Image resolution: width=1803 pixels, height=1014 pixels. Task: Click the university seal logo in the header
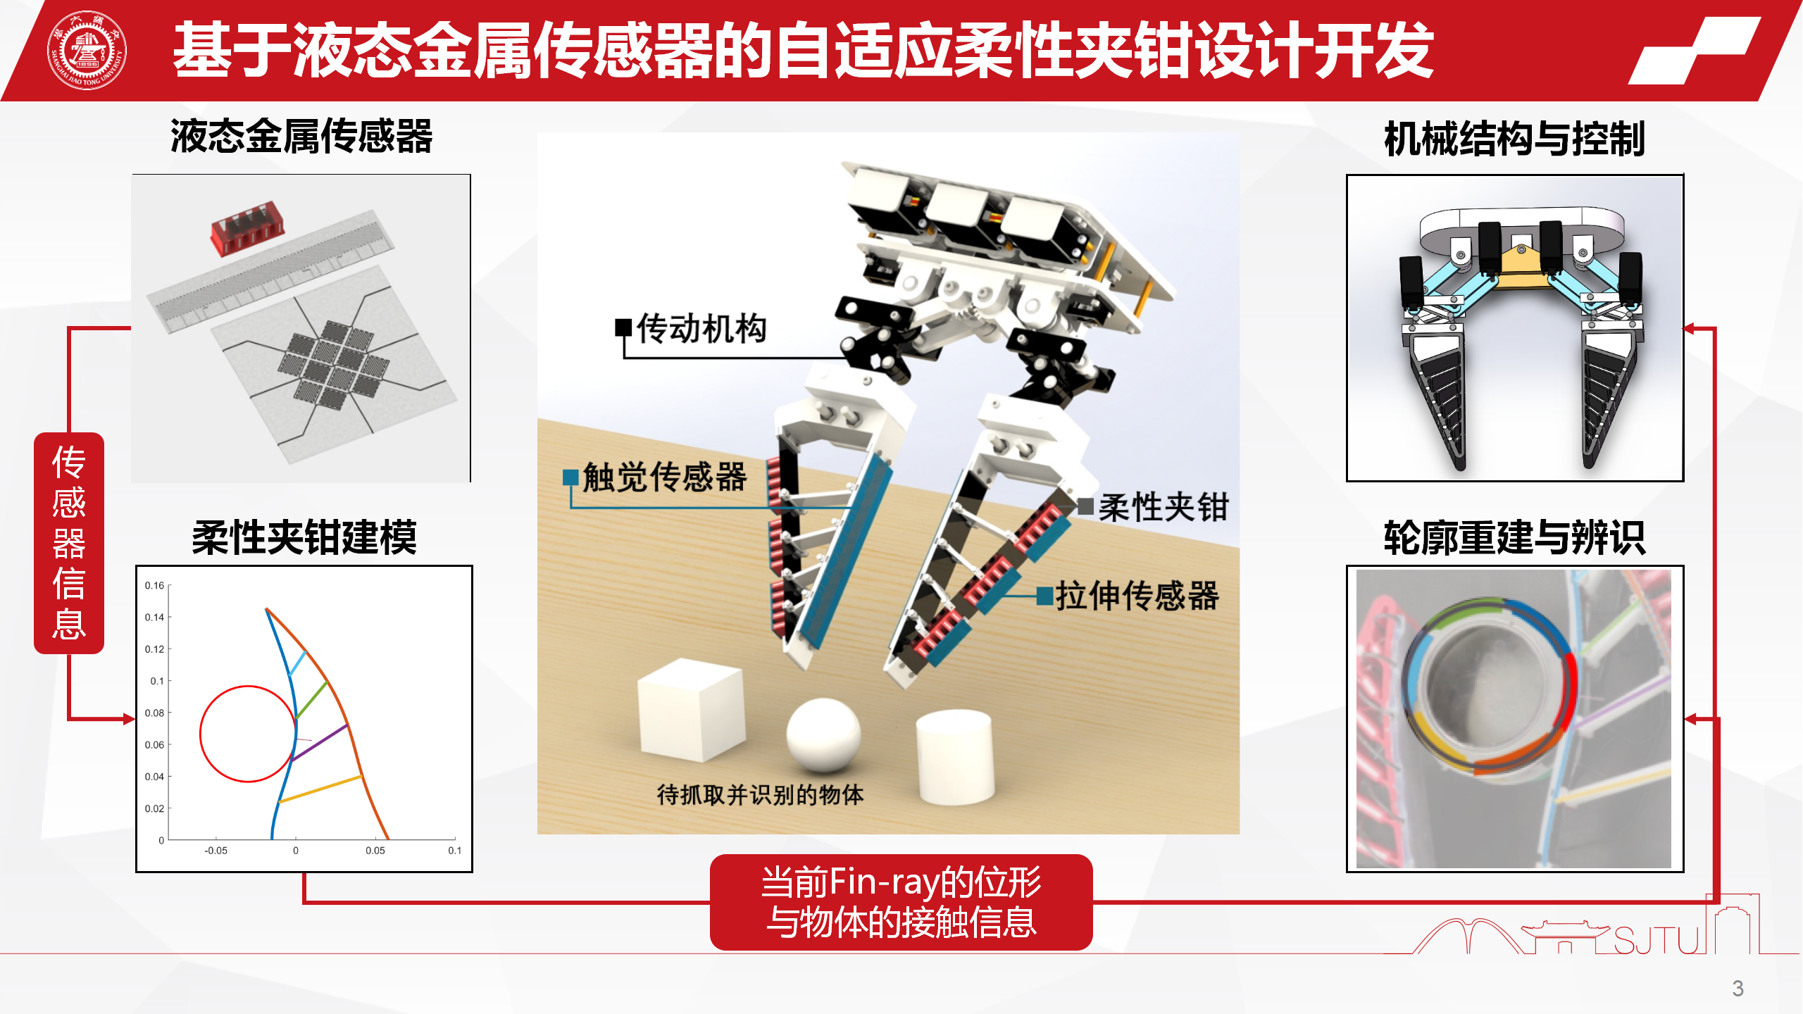pos(87,50)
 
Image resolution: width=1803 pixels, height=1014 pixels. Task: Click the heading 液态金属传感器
pos(301,136)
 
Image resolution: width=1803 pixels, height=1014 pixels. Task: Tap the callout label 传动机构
pos(701,329)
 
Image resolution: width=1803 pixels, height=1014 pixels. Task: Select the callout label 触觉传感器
pos(664,477)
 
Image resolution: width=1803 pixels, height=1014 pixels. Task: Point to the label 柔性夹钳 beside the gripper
pos(1163,507)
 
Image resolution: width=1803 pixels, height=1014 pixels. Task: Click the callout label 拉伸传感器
pos(1137,596)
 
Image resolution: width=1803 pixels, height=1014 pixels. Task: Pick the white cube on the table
pos(691,710)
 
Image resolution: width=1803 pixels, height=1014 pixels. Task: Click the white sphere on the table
pos(823,734)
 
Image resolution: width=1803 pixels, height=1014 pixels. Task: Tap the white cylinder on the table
pos(955,757)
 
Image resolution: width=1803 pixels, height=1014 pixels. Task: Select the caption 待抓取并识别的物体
pos(760,795)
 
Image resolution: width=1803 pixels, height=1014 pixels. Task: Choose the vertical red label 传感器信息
pos(69,543)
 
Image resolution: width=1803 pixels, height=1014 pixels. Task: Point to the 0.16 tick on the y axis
pos(154,585)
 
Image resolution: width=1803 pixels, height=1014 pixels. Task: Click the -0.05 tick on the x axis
pos(216,851)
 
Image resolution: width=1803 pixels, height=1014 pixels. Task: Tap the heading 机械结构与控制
pos(1514,138)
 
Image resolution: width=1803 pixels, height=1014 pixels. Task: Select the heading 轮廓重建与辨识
pos(1514,537)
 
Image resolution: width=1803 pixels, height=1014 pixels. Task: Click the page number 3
pos(1738,989)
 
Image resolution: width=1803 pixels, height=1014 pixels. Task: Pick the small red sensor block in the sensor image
pos(247,228)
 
